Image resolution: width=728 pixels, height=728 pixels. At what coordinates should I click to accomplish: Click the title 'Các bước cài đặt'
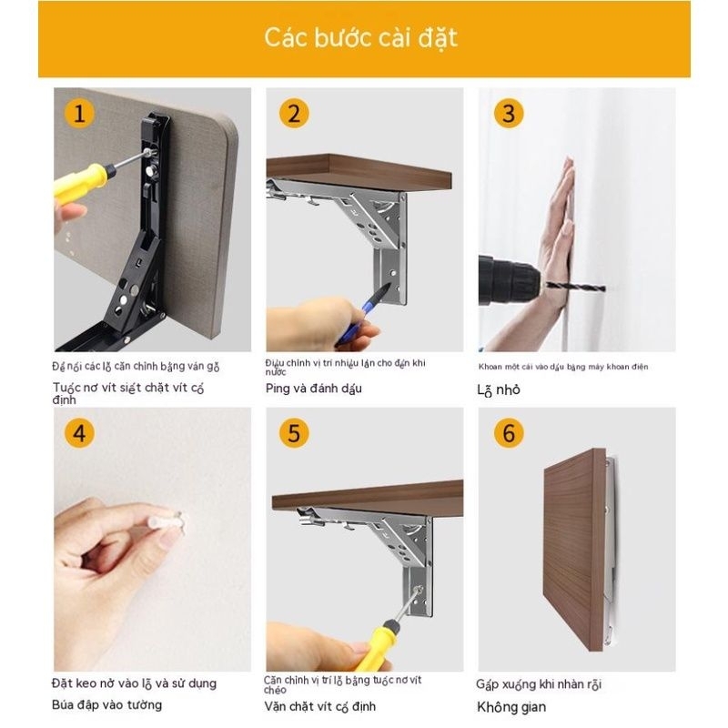pos(360,37)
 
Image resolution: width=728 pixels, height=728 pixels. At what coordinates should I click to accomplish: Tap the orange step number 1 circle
pos(79,113)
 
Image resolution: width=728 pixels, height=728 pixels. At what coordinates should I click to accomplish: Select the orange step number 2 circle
pos(294,113)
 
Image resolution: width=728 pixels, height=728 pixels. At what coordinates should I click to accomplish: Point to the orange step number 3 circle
pos(509,113)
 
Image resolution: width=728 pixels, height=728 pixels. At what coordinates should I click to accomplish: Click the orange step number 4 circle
pos(79,433)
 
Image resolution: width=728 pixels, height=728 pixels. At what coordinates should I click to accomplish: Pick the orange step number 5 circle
pos(294,433)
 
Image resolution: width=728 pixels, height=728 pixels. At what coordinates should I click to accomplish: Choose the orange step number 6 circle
pos(509,433)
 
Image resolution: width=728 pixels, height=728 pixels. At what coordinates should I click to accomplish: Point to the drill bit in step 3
pos(576,287)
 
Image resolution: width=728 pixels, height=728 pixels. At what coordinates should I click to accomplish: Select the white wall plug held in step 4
pos(167,522)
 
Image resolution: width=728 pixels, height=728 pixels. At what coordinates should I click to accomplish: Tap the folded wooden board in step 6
pos(575,550)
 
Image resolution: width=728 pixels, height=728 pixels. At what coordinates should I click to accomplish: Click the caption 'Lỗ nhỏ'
pos(499,390)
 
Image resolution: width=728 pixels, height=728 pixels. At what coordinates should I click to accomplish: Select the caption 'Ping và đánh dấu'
pos(313,389)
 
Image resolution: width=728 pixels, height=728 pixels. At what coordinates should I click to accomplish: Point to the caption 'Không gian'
pos(511,707)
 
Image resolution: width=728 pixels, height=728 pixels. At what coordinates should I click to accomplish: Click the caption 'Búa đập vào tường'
pos(106,704)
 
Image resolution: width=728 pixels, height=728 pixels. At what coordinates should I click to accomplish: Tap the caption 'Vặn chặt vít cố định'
pos(320,706)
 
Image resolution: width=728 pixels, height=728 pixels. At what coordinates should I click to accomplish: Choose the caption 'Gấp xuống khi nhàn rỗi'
pos(539,684)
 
